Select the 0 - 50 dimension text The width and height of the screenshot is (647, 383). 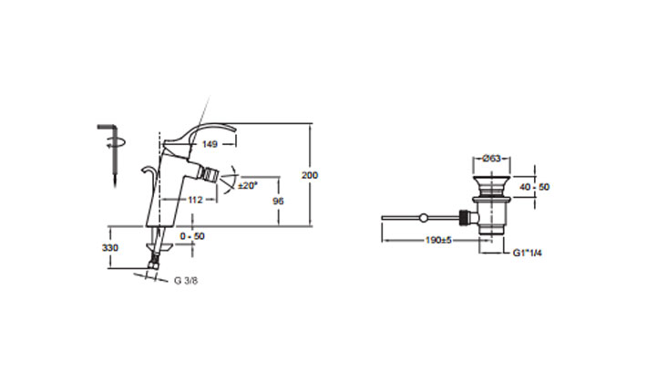[192, 236]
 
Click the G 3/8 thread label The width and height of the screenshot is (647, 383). [188, 280]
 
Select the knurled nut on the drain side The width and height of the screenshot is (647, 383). [468, 218]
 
